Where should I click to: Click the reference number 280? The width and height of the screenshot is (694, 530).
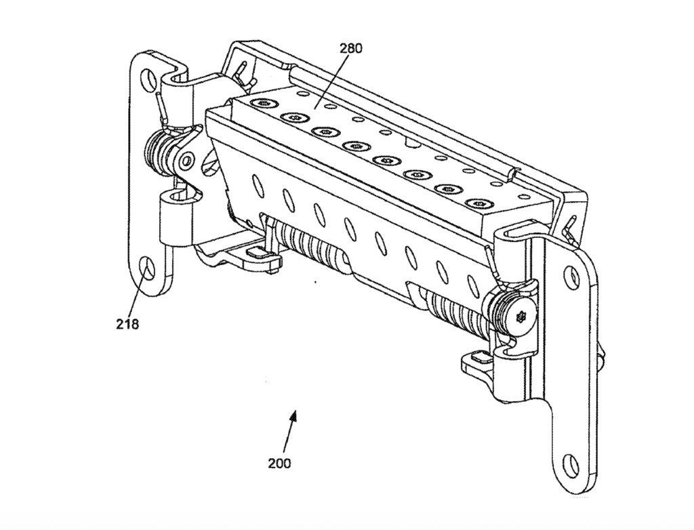click(x=350, y=48)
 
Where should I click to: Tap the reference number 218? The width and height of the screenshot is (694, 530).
click(x=127, y=324)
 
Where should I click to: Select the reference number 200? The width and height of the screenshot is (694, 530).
click(x=279, y=464)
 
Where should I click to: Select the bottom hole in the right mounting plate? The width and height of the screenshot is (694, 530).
click(x=571, y=464)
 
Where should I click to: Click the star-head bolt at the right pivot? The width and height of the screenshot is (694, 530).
click(x=521, y=315)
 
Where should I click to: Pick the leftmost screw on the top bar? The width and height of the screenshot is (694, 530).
click(x=263, y=102)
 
